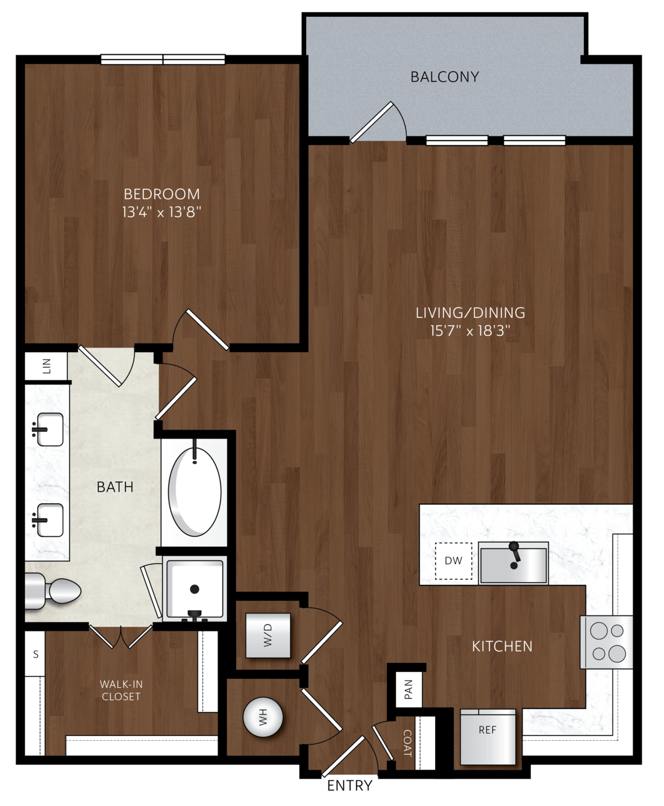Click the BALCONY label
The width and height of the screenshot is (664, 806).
point(445,77)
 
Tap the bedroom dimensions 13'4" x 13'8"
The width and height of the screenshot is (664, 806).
point(161,212)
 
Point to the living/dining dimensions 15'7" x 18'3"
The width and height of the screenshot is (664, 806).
point(470,331)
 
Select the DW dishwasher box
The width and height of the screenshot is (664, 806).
point(454,561)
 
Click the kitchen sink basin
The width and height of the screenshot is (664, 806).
point(513,563)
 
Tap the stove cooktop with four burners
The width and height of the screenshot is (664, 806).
point(607,642)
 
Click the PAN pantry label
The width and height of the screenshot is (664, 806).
point(409,690)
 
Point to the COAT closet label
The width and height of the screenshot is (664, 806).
point(407,743)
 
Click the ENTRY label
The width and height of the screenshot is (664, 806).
point(349,785)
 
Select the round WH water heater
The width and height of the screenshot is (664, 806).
point(263,717)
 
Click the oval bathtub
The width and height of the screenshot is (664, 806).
point(195,492)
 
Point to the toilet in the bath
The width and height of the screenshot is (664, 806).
point(53,591)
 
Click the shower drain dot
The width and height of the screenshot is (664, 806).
point(195,589)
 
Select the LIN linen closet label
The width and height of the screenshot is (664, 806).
point(46,366)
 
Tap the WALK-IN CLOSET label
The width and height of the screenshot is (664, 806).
point(121,690)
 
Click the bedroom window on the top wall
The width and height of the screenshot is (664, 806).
point(163,60)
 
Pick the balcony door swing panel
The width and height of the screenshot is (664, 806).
point(371,122)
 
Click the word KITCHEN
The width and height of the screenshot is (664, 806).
point(502,646)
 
